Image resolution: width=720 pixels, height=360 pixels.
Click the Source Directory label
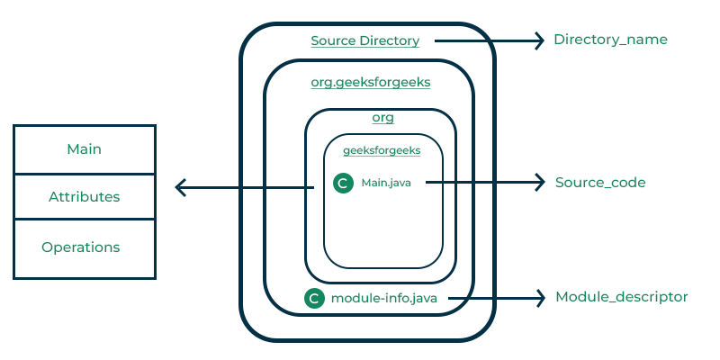tap(364, 40)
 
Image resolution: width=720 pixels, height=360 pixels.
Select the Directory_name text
tap(610, 40)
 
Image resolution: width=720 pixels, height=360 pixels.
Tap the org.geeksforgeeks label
tap(370, 82)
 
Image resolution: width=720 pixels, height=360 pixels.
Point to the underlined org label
tap(382, 117)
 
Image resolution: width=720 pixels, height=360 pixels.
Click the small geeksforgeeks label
tap(382, 151)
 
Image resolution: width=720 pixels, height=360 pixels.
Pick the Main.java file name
tap(386, 183)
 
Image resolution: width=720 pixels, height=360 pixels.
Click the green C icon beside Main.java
tap(342, 184)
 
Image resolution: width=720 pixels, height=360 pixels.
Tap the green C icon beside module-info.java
tap(314, 299)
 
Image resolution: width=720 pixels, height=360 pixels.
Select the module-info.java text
tap(384, 299)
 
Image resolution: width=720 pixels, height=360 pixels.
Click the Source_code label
tap(600, 183)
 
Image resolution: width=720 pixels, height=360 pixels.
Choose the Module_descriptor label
tap(621, 297)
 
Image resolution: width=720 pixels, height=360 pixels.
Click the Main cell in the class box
tap(85, 148)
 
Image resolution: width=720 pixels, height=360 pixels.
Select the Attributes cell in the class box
tap(85, 196)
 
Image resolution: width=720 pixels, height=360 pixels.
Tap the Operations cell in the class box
tap(81, 247)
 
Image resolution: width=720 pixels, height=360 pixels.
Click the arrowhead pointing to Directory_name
tap(540, 40)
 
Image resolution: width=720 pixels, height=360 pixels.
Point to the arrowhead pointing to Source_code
tap(540, 183)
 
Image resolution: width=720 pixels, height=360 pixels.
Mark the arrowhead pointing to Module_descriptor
tap(540, 297)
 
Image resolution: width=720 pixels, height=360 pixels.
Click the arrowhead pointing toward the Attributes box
tap(180, 187)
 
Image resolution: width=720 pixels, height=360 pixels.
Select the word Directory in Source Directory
tap(388, 40)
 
